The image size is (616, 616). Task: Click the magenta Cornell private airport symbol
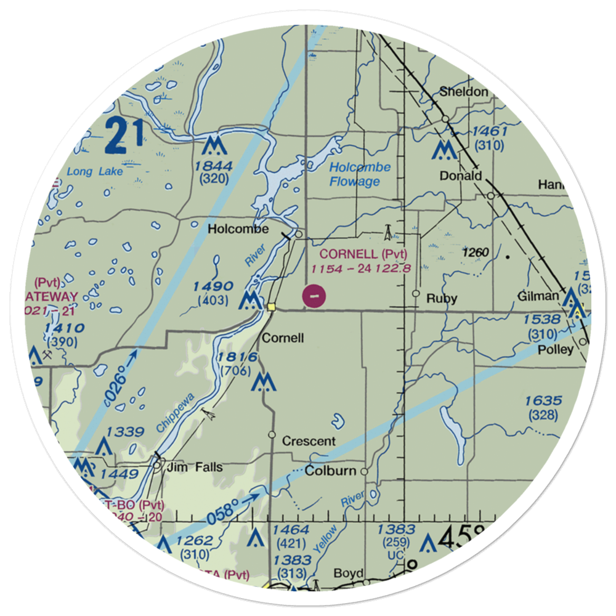point(315,296)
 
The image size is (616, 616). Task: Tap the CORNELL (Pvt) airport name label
point(363,254)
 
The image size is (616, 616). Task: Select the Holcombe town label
point(238,229)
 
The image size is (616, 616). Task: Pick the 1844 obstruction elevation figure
point(214,166)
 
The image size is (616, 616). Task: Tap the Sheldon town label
point(463,92)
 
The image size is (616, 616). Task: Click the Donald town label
point(460,176)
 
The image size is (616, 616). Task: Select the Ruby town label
point(442,299)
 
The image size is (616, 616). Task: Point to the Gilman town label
point(538,296)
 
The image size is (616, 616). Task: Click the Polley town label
point(556,349)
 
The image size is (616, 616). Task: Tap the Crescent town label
point(309,441)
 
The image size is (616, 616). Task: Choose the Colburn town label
point(331,471)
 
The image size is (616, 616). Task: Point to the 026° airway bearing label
point(118,387)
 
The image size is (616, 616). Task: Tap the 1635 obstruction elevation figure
point(543,401)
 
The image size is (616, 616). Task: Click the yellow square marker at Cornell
point(270,306)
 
